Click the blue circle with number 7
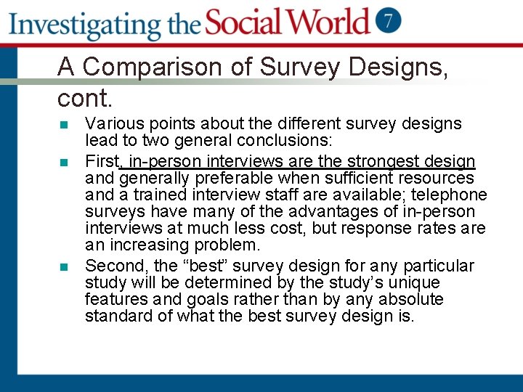389,20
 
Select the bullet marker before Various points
63,125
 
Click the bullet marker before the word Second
63,267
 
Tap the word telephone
450,195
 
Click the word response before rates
380,228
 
